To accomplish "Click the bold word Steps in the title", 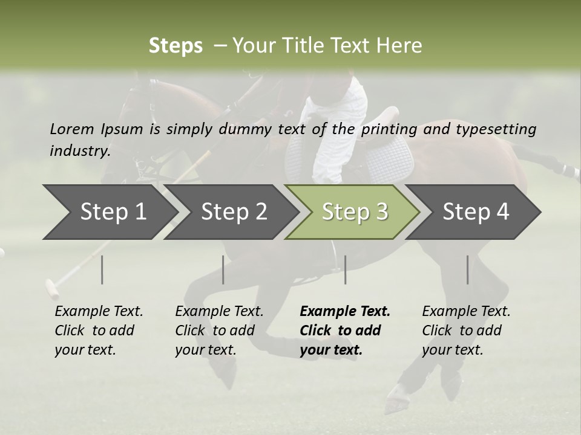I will [176, 46].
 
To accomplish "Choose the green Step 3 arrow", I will [354, 212].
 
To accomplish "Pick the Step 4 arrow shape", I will [475, 212].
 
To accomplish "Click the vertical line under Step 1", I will [102, 269].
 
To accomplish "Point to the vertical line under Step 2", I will [223, 269].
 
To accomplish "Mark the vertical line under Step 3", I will [345, 269].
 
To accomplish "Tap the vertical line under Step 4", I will [467, 269].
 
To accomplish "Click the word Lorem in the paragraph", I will [71, 129].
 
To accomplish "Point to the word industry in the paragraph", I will [79, 150].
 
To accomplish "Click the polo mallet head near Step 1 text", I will [53, 289].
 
